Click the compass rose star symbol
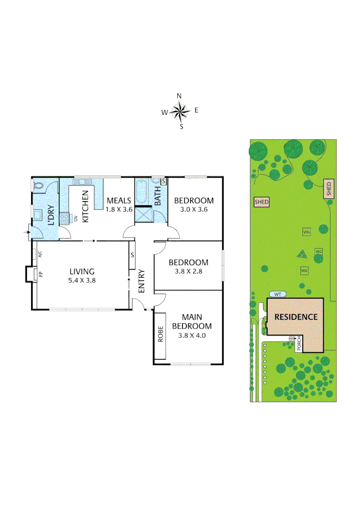pyautogui.click(x=180, y=111)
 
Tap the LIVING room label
pyautogui.click(x=82, y=271)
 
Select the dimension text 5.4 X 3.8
pyautogui.click(x=82, y=280)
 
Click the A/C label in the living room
pyautogui.click(x=40, y=254)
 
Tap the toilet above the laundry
pyautogui.click(x=38, y=187)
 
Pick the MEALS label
pyautogui.click(x=118, y=200)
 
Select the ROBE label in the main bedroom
pyautogui.click(x=160, y=334)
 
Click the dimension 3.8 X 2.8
pyautogui.click(x=188, y=271)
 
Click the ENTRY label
pyautogui.click(x=140, y=280)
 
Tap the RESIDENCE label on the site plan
pyautogui.click(x=296, y=317)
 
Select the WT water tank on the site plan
pyautogui.click(x=277, y=294)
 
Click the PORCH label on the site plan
pyautogui.click(x=299, y=344)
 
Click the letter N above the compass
pyautogui.click(x=179, y=96)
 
